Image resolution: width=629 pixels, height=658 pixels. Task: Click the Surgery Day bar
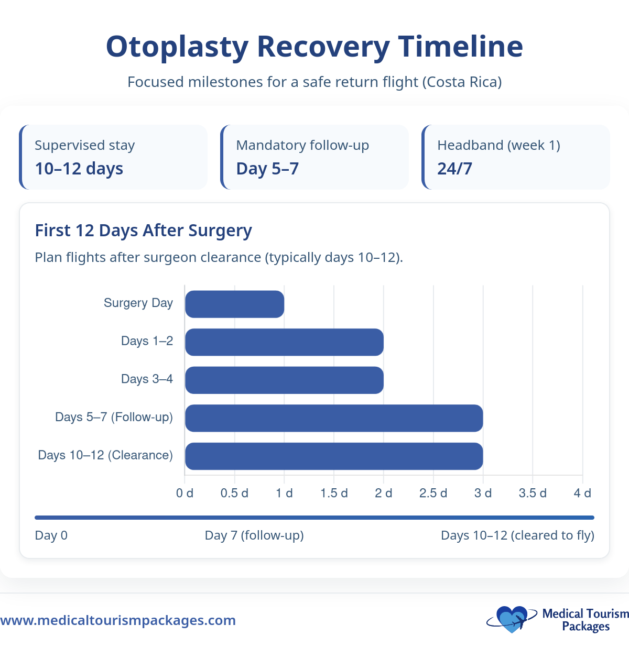click(x=234, y=304)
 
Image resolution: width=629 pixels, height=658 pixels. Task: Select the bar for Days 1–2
click(x=284, y=342)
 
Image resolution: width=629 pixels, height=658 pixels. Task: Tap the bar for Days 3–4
click(x=284, y=380)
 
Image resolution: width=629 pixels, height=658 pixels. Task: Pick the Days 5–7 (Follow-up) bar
click(x=334, y=418)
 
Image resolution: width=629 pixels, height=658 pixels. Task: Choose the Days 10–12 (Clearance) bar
click(x=334, y=456)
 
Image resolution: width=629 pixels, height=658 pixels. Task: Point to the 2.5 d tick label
click(x=433, y=493)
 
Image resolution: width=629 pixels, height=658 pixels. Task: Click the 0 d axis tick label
click(x=185, y=493)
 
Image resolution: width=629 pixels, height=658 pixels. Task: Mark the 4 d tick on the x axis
click(x=582, y=493)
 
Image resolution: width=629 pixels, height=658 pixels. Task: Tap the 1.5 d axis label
click(x=334, y=493)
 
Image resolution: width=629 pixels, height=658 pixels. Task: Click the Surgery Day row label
click(x=138, y=303)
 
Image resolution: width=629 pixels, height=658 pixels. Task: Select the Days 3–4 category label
click(x=147, y=379)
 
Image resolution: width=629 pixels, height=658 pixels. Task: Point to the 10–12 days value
click(x=79, y=169)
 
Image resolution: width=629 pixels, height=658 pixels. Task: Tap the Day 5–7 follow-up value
click(x=267, y=169)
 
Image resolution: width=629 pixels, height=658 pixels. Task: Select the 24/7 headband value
click(x=454, y=169)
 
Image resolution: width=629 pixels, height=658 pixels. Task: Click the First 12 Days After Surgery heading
click(x=143, y=231)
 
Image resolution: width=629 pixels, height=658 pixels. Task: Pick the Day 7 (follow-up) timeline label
click(x=254, y=535)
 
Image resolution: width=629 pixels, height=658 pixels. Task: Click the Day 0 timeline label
click(x=51, y=535)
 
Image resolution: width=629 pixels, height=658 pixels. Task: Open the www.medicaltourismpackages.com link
click(x=118, y=620)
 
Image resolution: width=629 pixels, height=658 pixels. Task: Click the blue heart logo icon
click(x=511, y=619)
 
